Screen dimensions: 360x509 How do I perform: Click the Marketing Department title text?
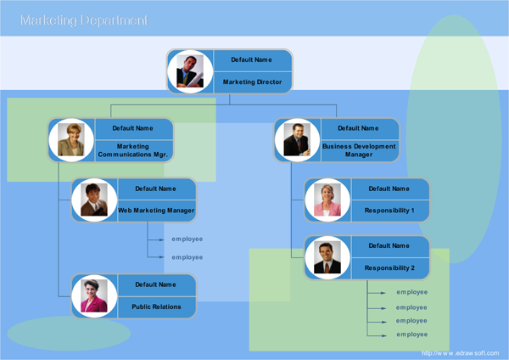pyautogui.click(x=83, y=20)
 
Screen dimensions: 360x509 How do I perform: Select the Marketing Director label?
pyautogui.click(x=251, y=82)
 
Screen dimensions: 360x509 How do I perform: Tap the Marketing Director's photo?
pyautogui.click(x=190, y=71)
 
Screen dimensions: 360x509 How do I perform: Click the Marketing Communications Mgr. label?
pyautogui.click(x=133, y=150)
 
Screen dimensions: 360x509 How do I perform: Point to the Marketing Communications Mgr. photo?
pyautogui.click(x=71, y=139)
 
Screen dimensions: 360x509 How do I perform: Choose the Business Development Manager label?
pyautogui.click(x=358, y=150)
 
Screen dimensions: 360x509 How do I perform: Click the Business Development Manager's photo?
pyautogui.click(x=297, y=139)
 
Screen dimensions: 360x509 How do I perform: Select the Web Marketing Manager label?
pyautogui.click(x=156, y=210)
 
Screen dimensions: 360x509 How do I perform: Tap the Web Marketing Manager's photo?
pyautogui.click(x=93, y=200)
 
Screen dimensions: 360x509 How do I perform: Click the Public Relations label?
pyautogui.click(x=156, y=307)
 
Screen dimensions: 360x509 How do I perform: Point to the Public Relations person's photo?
pyautogui.click(x=93, y=295)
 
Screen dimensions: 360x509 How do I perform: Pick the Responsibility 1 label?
pyautogui.click(x=389, y=210)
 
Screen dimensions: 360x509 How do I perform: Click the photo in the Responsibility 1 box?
pyautogui.click(x=327, y=200)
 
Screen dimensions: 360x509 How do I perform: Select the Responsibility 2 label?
pyautogui.click(x=389, y=267)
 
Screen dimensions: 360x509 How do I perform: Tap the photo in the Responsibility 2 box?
pyautogui.click(x=327, y=257)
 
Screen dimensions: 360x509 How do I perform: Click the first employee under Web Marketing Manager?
pyautogui.click(x=187, y=239)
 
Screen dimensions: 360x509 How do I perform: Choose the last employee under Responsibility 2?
pyautogui.click(x=411, y=334)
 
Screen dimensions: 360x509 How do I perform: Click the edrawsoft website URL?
pyautogui.click(x=460, y=352)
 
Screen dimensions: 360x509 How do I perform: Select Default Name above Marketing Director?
pyautogui.click(x=251, y=59)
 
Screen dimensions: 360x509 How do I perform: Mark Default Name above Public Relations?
pyautogui.click(x=156, y=284)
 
